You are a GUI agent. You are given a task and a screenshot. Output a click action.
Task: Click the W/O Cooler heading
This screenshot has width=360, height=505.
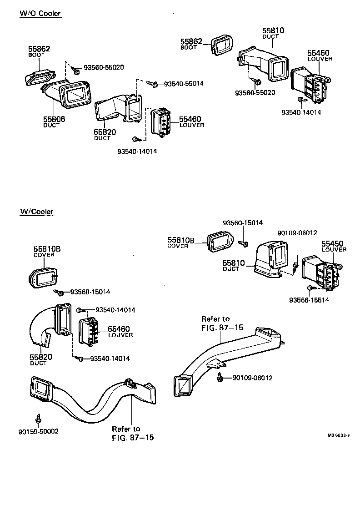tap(40, 14)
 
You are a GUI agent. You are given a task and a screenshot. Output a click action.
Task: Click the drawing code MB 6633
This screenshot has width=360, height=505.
tap(338, 435)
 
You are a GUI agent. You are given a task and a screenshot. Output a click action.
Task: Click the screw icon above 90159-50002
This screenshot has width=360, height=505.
tap(39, 417)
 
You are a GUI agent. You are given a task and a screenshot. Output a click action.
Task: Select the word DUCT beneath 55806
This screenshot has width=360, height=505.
tap(51, 126)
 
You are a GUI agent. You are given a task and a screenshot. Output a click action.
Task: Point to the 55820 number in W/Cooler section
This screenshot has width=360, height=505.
tap(41, 357)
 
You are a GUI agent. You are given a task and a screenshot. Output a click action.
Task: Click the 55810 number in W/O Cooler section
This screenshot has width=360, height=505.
tap(274, 30)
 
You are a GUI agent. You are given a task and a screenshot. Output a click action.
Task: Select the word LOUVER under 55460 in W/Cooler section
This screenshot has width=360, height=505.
tap(120, 335)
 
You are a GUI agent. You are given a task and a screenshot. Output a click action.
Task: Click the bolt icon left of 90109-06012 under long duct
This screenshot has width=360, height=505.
tap(220, 377)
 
